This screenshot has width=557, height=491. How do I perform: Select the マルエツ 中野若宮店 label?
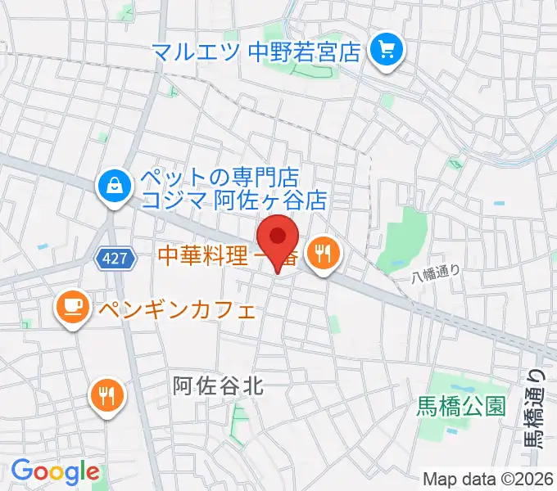point(256,53)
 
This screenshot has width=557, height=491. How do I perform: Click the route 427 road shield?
point(115,259)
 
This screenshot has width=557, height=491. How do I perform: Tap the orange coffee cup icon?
point(71,308)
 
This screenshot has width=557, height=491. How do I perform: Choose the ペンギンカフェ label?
point(176,310)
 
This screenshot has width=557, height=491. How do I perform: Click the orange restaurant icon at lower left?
point(106,396)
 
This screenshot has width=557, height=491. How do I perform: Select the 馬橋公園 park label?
point(461,404)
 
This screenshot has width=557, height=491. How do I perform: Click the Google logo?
point(54,471)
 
